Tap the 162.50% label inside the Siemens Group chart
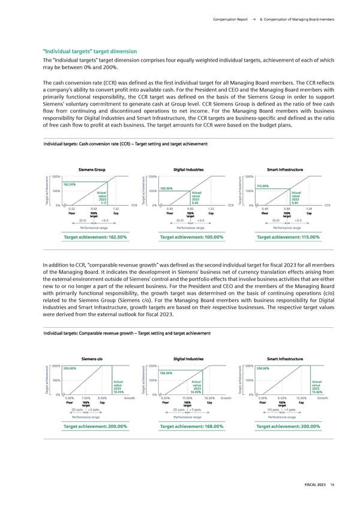pyautogui.click(x=70, y=185)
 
